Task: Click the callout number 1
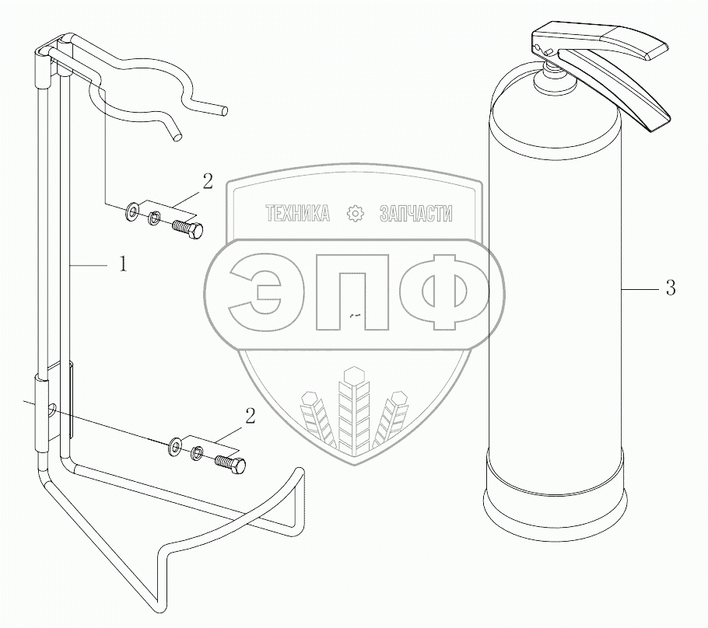[123, 264]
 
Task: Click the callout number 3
[671, 288]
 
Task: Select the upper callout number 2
[207, 182]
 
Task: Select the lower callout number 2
[250, 417]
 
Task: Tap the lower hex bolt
[231, 464]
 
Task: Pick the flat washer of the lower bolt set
[175, 445]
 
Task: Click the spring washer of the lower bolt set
[197, 453]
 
